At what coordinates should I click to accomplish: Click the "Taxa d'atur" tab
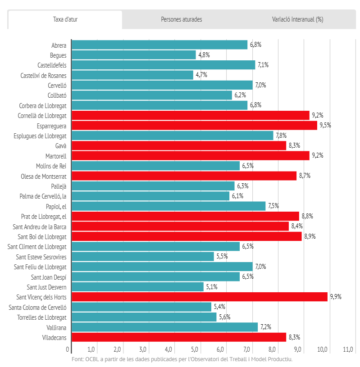(x=65, y=20)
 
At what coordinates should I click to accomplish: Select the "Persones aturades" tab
(x=181, y=20)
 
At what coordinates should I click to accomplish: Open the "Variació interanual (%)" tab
(x=297, y=20)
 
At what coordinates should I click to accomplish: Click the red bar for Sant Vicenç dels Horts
(x=199, y=297)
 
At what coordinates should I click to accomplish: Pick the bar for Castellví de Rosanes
(x=132, y=75)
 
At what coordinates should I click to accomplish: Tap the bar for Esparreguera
(x=194, y=125)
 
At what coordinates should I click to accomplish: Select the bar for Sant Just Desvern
(x=137, y=287)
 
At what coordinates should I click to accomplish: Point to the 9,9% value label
(x=336, y=297)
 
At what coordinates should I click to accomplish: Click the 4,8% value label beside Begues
(x=204, y=55)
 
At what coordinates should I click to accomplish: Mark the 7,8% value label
(x=281, y=136)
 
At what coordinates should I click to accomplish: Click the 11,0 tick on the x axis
(x=347, y=349)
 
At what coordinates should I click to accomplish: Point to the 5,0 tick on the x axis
(x=195, y=349)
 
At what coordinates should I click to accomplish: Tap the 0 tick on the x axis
(x=68, y=349)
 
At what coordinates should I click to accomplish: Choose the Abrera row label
(x=59, y=45)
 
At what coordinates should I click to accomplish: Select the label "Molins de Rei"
(x=51, y=166)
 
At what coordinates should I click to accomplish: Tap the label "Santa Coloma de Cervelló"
(x=38, y=307)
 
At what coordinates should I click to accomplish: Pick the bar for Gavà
(x=179, y=145)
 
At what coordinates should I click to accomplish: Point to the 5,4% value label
(x=219, y=307)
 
